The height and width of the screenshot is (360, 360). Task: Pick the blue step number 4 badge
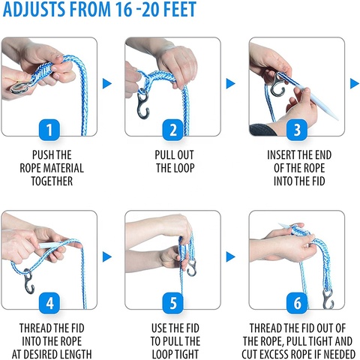(x=49, y=304)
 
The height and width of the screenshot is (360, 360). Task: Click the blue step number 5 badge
(x=173, y=304)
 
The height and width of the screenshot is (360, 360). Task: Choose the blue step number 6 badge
(x=297, y=304)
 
